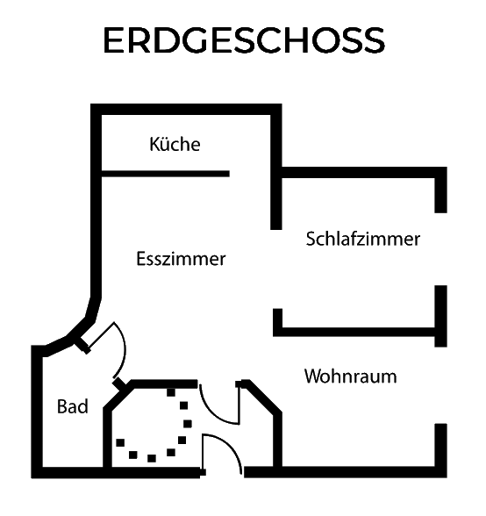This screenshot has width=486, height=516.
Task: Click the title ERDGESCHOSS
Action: pyautogui.click(x=244, y=40)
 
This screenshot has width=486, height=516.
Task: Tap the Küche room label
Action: pyautogui.click(x=175, y=144)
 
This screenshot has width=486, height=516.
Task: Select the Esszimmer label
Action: pyautogui.click(x=181, y=259)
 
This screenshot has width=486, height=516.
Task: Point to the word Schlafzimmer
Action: pyautogui.click(x=363, y=239)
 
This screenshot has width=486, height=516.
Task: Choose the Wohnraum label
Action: pyautogui.click(x=350, y=376)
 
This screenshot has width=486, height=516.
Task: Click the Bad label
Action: pyautogui.click(x=73, y=406)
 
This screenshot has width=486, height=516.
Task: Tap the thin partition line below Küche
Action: pyautogui.click(x=165, y=174)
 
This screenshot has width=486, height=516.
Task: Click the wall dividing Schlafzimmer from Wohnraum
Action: pyautogui.click(x=358, y=332)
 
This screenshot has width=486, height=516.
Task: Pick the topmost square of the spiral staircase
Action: pyautogui.click(x=171, y=392)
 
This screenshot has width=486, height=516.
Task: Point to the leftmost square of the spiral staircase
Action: pyautogui.click(x=120, y=442)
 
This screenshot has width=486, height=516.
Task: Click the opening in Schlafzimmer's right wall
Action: pyautogui.click(x=441, y=249)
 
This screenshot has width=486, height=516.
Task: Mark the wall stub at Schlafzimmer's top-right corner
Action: pyautogui.click(x=441, y=190)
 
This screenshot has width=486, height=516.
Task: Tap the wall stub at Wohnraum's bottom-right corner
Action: pyautogui.click(x=441, y=450)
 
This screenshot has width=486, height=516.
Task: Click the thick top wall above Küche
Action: pyautogui.click(x=186, y=110)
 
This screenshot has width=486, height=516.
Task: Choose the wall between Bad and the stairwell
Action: pyautogui.click(x=108, y=438)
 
